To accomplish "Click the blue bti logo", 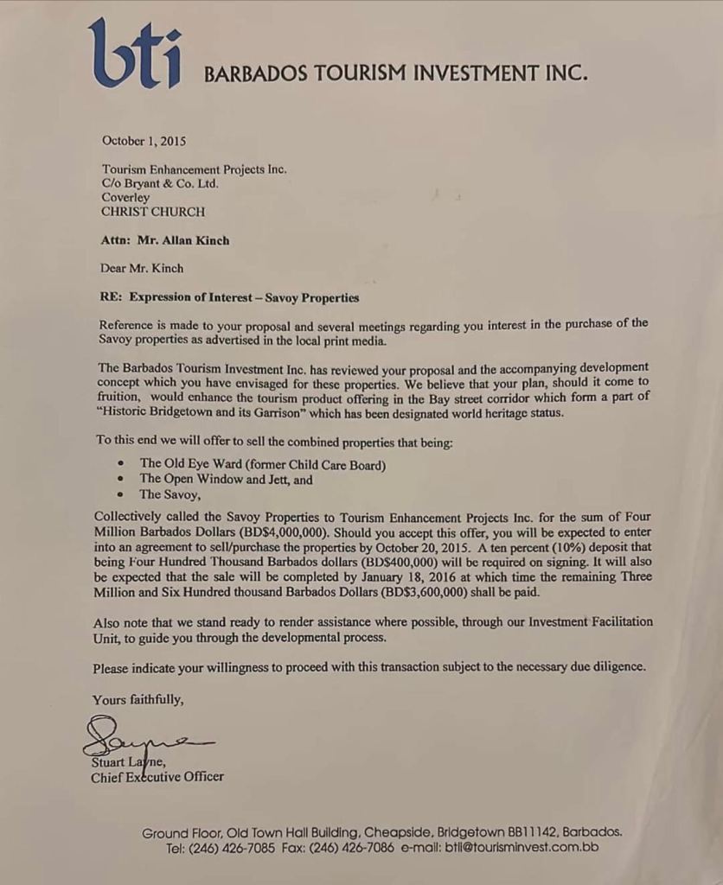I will click(x=135, y=55).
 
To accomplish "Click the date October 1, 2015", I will click(x=144, y=141).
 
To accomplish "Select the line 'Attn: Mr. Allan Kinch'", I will click(x=165, y=240).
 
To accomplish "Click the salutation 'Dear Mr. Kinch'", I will click(x=143, y=268).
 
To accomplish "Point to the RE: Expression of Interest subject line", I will click(x=229, y=297).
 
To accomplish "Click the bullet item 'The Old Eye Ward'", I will click(x=263, y=464).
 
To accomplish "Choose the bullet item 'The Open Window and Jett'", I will click(x=227, y=479).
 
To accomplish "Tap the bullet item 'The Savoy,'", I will click(x=170, y=494).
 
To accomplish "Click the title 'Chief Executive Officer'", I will click(x=157, y=776).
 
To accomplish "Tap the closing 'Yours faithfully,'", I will click(x=138, y=698).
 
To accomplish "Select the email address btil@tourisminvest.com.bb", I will click(x=521, y=848).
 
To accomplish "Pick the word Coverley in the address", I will click(x=125, y=197).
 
